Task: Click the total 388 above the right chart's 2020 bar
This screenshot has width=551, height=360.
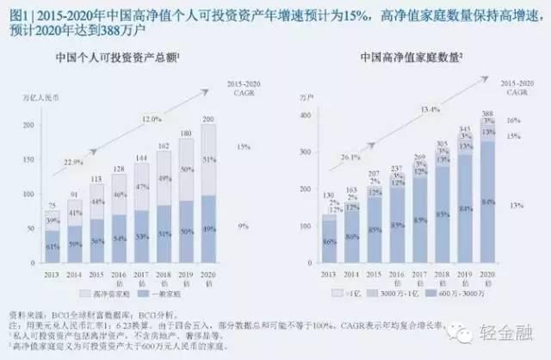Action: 488,113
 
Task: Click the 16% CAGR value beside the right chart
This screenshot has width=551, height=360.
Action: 515,121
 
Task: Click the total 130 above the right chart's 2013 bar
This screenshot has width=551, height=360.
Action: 330,196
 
